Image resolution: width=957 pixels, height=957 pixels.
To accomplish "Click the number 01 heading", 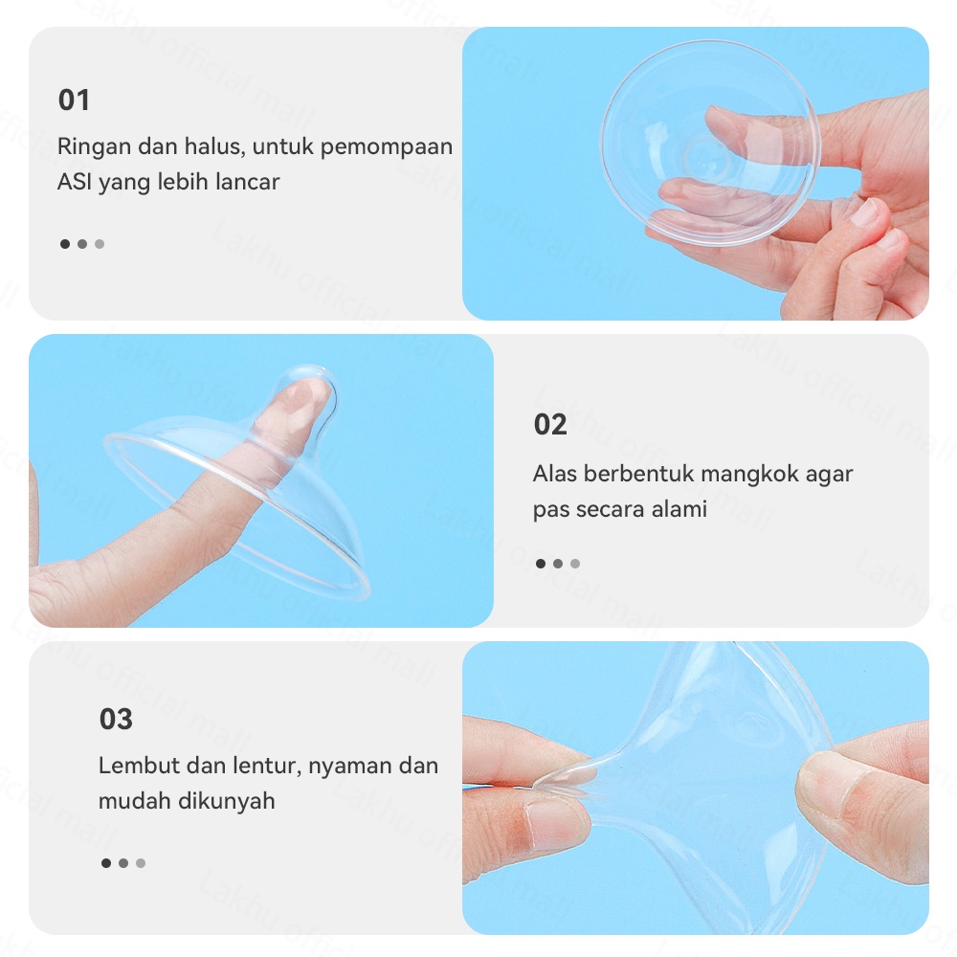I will pyautogui.click(x=74, y=100).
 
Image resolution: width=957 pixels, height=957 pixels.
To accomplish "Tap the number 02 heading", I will pyautogui.click(x=550, y=425).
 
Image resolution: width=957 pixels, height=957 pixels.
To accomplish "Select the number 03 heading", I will pyautogui.click(x=116, y=719).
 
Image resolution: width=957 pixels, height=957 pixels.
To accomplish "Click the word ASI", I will pyautogui.click(x=73, y=182).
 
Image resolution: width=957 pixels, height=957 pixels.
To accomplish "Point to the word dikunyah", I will pyautogui.click(x=227, y=801).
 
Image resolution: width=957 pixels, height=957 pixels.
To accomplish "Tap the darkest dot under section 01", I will pyautogui.click(x=65, y=244).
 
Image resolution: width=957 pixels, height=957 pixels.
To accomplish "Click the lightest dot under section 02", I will pyautogui.click(x=575, y=564).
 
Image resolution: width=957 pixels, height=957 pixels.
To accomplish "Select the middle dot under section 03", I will pyautogui.click(x=123, y=863).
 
